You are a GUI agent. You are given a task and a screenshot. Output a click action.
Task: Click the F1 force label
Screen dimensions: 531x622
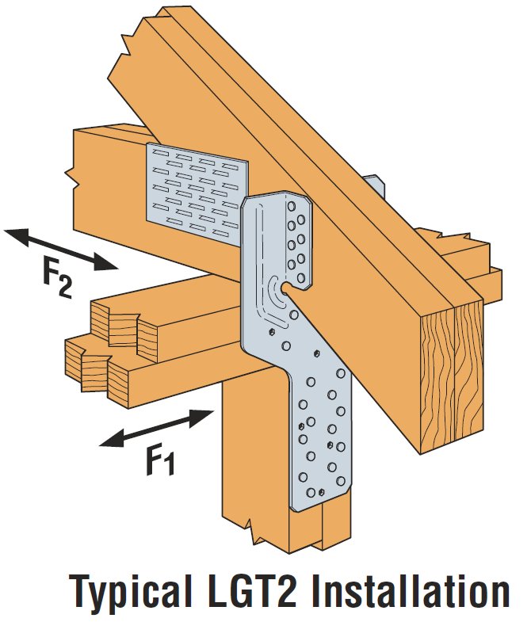pos(161,460)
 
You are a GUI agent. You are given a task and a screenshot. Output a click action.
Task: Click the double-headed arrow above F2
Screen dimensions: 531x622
pos(61,250)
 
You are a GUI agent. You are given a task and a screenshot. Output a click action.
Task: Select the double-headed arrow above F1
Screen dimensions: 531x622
pos(156,428)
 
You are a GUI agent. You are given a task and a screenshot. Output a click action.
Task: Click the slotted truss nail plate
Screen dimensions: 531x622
pos(197,194)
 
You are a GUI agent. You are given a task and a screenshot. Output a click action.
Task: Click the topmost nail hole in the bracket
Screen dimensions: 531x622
pos(292,206)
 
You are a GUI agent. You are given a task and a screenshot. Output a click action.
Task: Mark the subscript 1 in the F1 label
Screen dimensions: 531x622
pos(169,466)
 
